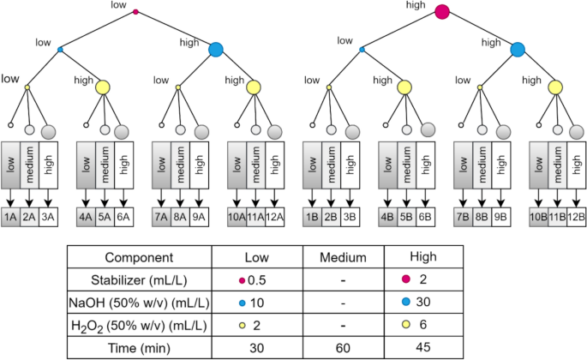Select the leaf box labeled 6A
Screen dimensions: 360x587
[124, 218]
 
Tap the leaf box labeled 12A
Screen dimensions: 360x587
[275, 218]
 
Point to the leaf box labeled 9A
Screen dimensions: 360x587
[199, 218]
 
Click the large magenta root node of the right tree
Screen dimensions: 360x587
[442, 12]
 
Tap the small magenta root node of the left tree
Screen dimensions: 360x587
[135, 12]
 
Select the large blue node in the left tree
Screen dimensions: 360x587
[215, 50]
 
